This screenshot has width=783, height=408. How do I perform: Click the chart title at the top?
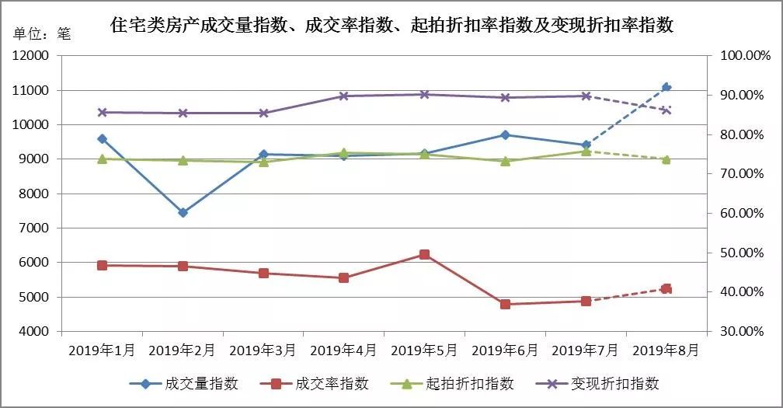391,25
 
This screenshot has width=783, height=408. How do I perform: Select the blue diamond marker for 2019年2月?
183,212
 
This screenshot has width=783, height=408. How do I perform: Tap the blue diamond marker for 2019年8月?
666,87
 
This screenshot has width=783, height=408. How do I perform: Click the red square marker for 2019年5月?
424,254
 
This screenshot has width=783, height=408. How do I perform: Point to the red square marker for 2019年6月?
505,304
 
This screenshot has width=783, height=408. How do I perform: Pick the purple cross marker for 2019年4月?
344,96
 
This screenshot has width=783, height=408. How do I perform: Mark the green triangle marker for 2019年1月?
102,159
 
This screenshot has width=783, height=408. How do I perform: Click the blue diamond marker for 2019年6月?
505,134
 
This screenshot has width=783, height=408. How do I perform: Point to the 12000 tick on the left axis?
30,56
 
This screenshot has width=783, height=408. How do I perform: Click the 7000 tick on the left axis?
34,228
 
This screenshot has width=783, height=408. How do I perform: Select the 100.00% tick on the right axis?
743,56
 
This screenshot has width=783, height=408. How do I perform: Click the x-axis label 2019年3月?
263,350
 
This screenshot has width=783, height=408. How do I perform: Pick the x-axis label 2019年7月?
586,350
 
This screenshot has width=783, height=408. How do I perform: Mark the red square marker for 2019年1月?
102,265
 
